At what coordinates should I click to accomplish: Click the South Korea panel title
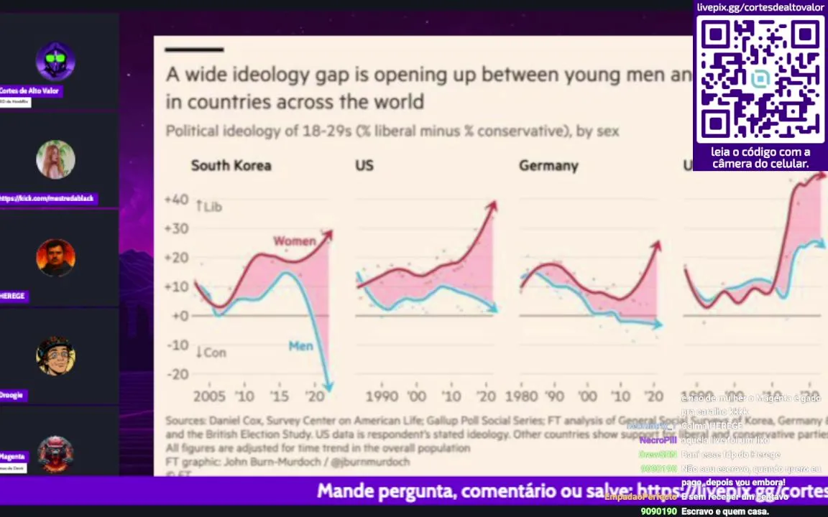click(x=231, y=166)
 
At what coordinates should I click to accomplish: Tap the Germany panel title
click(x=548, y=166)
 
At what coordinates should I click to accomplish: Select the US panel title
click(x=364, y=166)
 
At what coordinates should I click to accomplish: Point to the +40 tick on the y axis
click(x=176, y=200)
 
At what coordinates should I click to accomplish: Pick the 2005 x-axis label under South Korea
click(x=208, y=396)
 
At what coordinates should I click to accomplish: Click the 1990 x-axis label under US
click(x=381, y=396)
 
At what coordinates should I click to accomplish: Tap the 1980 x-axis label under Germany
click(x=520, y=396)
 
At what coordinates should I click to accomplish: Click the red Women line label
click(x=294, y=241)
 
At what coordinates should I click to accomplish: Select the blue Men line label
click(x=300, y=346)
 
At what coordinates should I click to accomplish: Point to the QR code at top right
click(x=760, y=79)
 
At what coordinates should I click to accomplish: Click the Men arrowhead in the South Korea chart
click(x=328, y=386)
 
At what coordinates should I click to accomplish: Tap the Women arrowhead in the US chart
click(x=492, y=207)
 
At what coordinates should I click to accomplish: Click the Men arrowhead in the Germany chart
click(x=656, y=325)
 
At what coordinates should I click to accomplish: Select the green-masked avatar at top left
click(x=55, y=61)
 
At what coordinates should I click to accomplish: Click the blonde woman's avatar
click(x=55, y=159)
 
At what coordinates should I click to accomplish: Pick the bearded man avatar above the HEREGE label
click(x=55, y=257)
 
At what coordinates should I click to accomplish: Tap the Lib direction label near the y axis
click(x=209, y=207)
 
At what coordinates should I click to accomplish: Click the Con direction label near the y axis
click(x=211, y=353)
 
